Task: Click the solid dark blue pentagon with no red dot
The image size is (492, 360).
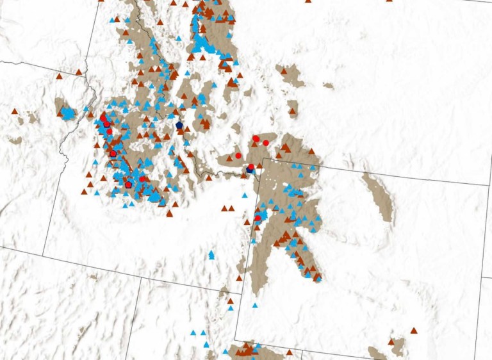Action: point(179,125)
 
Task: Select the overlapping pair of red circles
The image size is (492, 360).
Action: point(256,138)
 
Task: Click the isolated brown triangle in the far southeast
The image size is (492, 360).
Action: point(414,331)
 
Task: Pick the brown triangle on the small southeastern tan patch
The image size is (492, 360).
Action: point(391,342)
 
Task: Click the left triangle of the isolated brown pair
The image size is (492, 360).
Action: point(224,208)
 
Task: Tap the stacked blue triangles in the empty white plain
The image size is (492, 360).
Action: point(211,255)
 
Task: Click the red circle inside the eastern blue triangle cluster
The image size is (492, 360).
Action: point(258,218)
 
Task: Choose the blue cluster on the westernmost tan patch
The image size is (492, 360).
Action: point(67,114)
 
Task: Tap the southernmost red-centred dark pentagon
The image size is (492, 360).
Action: point(128,184)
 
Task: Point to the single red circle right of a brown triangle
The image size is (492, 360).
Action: point(238,156)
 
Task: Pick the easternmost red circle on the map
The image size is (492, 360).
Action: point(265,143)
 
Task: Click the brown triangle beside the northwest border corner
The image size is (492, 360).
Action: point(78,72)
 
